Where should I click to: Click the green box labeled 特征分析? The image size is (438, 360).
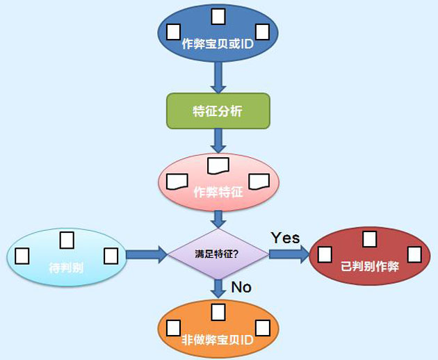tap(218, 111)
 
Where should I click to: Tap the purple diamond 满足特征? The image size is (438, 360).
tap(218, 254)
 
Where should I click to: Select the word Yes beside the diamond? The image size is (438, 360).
tap(286, 238)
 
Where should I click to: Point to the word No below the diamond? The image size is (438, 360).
tap(241, 287)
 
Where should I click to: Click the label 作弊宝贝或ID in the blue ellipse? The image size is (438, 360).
tap(218, 44)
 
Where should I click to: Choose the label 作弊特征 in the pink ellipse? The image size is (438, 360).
tap(218, 192)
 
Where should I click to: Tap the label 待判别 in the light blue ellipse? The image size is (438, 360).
tap(66, 268)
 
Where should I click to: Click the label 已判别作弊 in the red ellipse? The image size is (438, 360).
tap(370, 266)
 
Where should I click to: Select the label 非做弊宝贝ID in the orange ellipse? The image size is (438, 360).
tap(218, 340)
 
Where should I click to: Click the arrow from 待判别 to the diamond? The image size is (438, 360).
tap(147, 254)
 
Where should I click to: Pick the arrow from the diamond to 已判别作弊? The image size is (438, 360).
tap(289, 254)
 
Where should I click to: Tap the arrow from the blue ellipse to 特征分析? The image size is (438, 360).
tap(218, 78)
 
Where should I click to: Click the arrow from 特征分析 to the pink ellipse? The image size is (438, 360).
tap(218, 141)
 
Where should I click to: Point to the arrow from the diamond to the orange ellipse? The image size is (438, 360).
tap(218, 289)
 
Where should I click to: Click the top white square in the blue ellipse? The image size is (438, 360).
tap(218, 17)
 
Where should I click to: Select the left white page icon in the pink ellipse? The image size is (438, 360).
tap(177, 182)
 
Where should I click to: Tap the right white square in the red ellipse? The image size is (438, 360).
tap(414, 254)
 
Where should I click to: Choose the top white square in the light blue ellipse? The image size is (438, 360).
tap(67, 240)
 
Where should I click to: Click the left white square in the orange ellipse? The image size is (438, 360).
tap(174, 328)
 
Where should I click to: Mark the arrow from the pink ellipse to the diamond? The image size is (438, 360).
tap(218, 220)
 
